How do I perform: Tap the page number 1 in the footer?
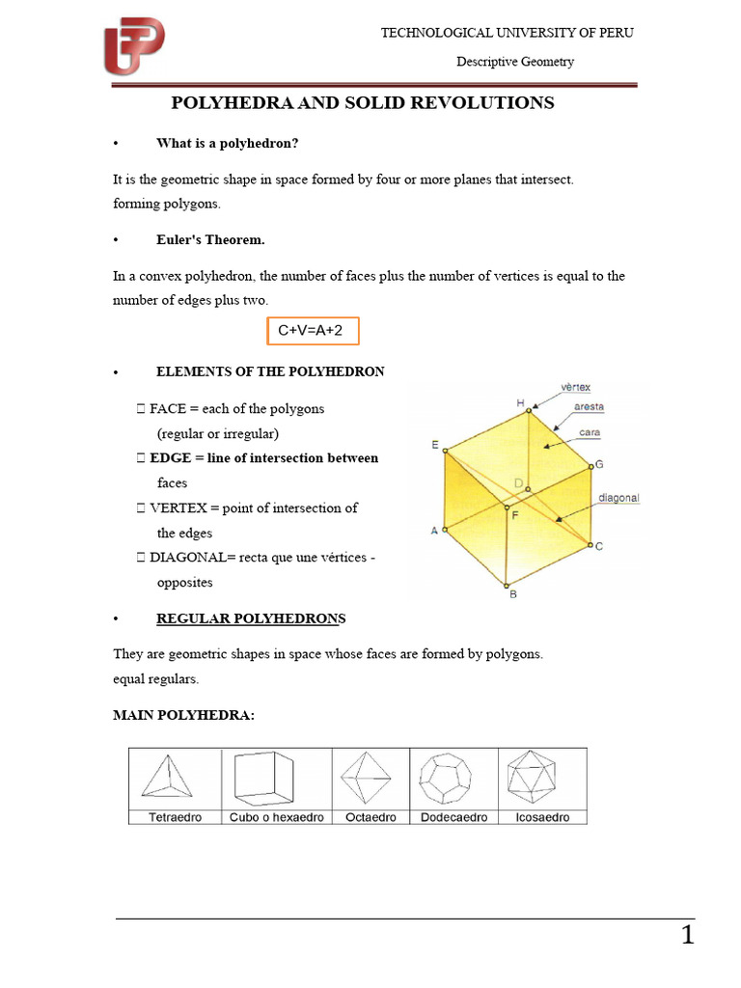[x=687, y=935]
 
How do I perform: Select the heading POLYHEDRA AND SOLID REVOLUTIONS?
[x=363, y=103]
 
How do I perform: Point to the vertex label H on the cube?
[x=520, y=402]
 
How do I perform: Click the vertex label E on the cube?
[x=435, y=445]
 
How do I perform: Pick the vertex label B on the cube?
[x=512, y=594]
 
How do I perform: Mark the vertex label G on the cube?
[x=599, y=464]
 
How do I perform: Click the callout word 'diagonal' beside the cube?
[x=618, y=499]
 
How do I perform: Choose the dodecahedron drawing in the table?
[x=453, y=778]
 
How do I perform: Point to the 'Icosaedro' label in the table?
[x=542, y=817]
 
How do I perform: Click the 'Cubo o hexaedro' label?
[x=277, y=817]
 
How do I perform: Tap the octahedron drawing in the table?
[x=371, y=778]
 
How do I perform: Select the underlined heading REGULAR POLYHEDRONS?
[x=251, y=617]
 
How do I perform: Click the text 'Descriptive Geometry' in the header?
[x=514, y=62]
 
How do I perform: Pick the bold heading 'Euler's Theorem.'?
[x=210, y=240]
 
